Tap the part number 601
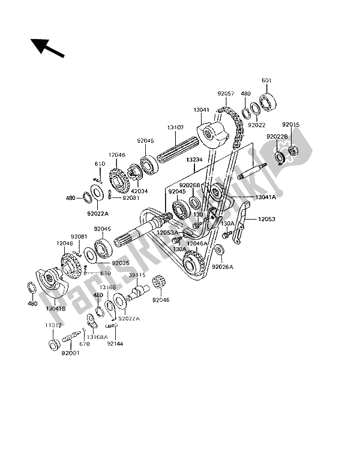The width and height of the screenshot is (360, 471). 266,81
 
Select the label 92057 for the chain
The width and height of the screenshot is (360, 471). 226,94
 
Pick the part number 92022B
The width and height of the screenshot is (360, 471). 278,137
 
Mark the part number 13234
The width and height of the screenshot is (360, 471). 195,160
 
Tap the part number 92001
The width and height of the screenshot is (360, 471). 71,353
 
